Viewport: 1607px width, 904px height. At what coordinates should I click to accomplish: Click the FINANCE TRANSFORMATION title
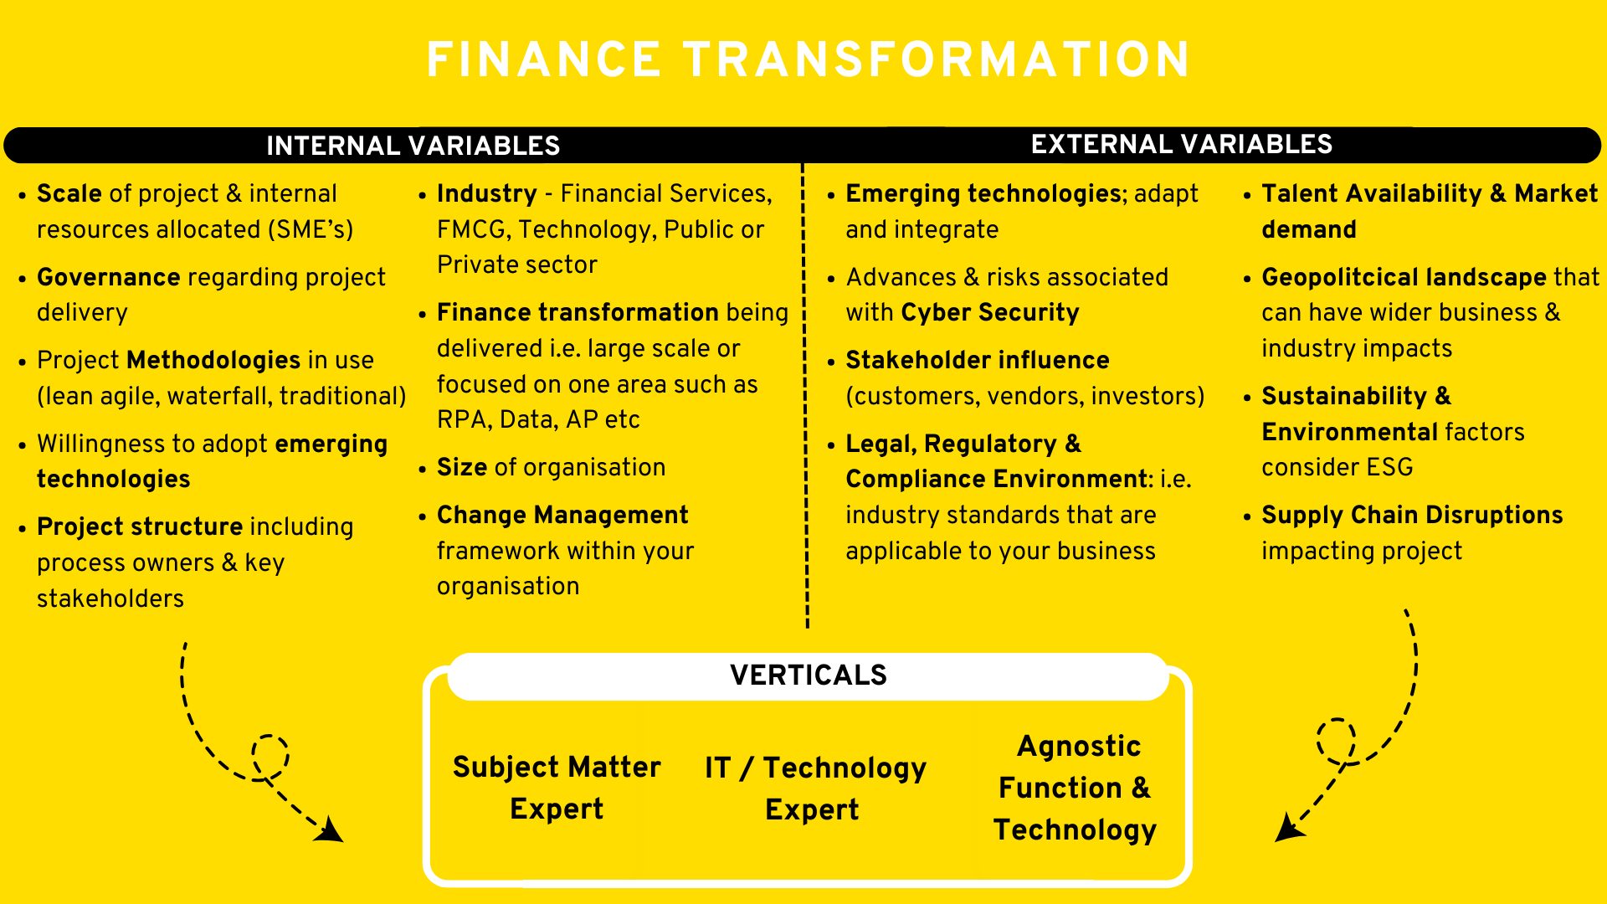808,59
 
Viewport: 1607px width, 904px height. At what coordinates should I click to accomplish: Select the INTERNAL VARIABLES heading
413,146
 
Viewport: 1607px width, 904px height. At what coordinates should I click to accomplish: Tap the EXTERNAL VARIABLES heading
1181,144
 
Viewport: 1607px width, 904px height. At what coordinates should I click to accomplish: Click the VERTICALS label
808,675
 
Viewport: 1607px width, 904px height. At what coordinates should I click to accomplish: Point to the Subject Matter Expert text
557,788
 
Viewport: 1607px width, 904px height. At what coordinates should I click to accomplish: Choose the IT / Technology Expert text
815,788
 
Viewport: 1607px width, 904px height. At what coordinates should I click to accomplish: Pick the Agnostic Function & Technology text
1076,788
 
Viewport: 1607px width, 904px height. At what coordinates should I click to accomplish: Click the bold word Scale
69,193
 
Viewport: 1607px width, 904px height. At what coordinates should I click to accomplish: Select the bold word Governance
109,277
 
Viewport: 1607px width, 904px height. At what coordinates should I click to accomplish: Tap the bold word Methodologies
213,360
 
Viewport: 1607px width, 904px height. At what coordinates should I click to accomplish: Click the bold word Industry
487,193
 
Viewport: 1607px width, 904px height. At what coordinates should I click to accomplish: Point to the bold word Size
462,467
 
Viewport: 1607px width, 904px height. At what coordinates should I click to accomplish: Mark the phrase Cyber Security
990,312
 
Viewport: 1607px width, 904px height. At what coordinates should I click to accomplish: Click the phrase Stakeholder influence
978,360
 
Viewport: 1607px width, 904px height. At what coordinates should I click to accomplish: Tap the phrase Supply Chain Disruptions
1413,515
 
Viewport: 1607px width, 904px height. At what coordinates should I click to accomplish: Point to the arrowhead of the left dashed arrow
331,830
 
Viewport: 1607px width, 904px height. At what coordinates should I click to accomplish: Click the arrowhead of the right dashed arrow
1289,828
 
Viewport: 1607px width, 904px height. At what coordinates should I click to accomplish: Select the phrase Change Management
562,515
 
